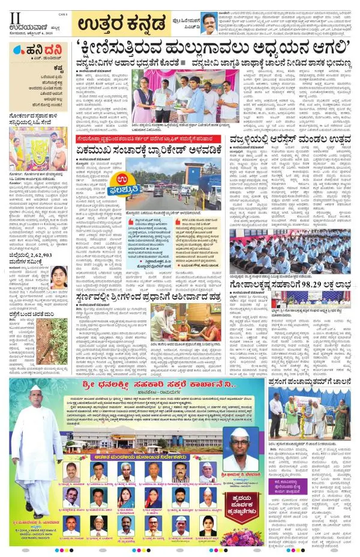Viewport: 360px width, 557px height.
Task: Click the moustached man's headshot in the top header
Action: click(209, 24)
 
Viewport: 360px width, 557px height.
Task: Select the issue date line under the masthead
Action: click(37, 32)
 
